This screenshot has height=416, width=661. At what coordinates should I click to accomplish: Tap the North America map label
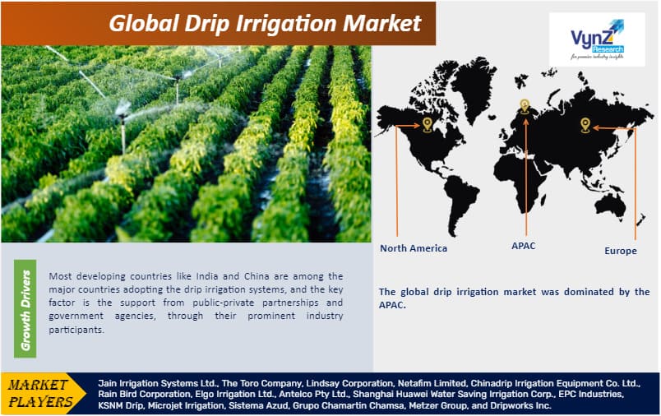tap(414, 247)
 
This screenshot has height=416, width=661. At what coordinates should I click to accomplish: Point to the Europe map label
tap(620, 251)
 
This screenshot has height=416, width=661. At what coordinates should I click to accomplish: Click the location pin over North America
tap(427, 125)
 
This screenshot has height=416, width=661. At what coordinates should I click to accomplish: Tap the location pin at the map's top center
tap(524, 106)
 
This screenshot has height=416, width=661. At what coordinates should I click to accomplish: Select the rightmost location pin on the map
tap(585, 125)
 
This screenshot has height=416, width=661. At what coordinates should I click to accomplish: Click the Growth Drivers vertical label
tap(25, 310)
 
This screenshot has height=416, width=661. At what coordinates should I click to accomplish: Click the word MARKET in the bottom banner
tap(41, 385)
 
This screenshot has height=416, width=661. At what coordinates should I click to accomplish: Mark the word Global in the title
tap(140, 23)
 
